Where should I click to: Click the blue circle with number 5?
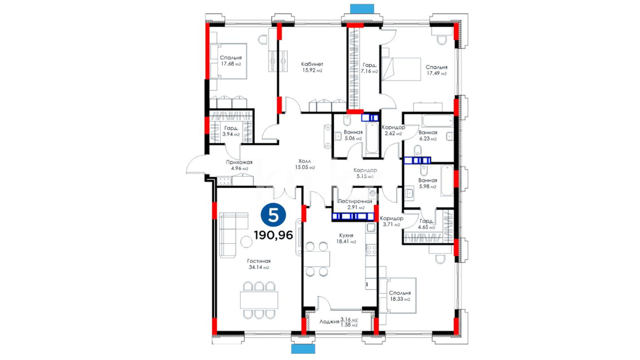273,215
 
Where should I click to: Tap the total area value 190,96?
273,235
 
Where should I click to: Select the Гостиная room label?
259,261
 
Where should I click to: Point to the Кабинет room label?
312,64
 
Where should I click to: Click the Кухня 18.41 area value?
346,241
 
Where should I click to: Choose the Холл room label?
305,161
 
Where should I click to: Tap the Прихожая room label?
239,162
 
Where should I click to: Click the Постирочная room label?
355,201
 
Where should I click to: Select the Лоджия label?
329,322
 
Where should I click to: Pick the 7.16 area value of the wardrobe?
369,71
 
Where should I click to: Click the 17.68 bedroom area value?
231,64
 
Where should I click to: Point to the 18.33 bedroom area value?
400,299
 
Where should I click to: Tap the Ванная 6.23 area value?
428,139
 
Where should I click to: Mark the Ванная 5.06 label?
353,132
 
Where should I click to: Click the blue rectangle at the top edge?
362,9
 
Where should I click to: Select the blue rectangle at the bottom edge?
303,349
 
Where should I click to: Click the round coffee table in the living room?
247,242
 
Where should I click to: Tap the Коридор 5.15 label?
365,170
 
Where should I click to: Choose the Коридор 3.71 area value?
391,225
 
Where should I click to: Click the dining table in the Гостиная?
259,300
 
